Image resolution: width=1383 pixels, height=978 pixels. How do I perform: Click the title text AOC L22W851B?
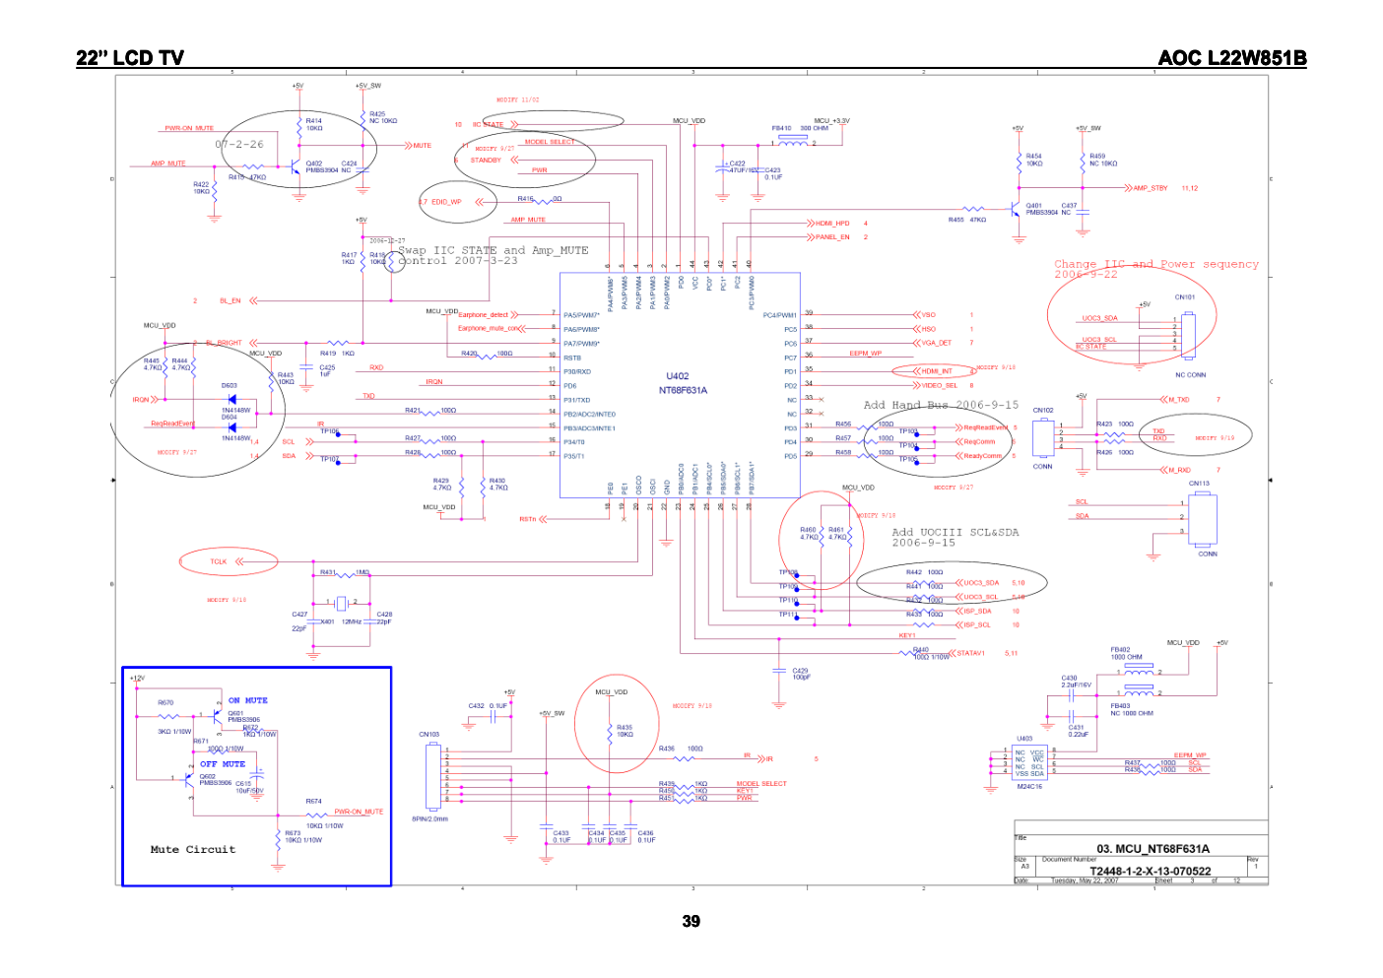click(1231, 58)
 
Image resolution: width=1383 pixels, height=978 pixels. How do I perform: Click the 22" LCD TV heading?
click(130, 58)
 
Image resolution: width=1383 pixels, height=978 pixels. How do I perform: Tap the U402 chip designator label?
click(678, 376)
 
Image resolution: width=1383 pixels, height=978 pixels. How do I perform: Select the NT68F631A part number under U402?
click(683, 390)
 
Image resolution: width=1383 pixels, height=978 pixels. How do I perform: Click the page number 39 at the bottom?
click(691, 921)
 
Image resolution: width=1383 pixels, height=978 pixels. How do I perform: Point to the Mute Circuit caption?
click(193, 849)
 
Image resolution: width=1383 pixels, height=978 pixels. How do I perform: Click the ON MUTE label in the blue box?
click(248, 700)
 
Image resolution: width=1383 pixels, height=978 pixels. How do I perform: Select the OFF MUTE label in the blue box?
click(223, 763)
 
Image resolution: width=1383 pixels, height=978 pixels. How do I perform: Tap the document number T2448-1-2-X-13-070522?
click(1150, 871)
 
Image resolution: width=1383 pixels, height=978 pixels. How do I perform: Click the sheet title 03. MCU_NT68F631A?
click(1152, 848)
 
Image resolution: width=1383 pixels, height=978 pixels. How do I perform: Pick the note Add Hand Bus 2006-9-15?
click(941, 405)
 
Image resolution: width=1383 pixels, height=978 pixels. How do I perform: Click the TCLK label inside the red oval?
click(219, 561)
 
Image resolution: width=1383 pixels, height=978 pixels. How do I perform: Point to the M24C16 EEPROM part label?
click(1029, 786)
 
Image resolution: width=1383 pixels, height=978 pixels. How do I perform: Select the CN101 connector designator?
click(1185, 296)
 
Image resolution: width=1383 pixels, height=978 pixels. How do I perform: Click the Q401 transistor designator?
click(1034, 206)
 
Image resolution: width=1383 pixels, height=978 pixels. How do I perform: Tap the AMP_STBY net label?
click(1151, 188)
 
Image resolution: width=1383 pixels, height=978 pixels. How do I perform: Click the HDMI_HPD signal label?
click(832, 224)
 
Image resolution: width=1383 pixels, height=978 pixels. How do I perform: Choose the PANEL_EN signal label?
click(832, 237)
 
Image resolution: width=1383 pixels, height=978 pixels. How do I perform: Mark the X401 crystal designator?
click(327, 621)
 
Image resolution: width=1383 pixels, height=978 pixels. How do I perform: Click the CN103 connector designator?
click(429, 734)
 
